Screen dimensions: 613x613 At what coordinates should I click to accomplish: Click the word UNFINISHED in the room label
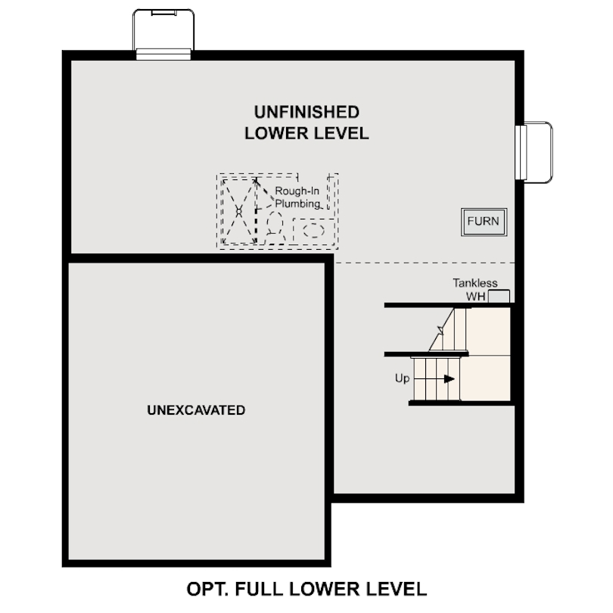pyautogui.click(x=306, y=112)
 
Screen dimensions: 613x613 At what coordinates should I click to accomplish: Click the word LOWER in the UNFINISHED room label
pyautogui.click(x=272, y=133)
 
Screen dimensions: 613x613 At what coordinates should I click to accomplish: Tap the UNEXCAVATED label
pyautogui.click(x=196, y=410)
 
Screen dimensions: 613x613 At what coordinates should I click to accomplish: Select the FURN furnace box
pyautogui.click(x=483, y=222)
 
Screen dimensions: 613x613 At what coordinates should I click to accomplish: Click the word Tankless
pyautogui.click(x=475, y=283)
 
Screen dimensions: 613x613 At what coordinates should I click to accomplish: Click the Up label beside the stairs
pyautogui.click(x=401, y=378)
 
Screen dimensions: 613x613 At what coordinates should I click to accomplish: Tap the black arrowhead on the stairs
pyautogui.click(x=450, y=378)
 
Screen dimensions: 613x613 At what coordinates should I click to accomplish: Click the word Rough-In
pyautogui.click(x=296, y=191)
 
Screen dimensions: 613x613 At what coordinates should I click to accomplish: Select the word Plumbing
pyautogui.click(x=297, y=204)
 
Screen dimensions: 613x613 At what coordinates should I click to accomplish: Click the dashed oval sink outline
pyautogui.click(x=313, y=231)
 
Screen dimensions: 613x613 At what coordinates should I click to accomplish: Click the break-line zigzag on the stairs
pyautogui.click(x=440, y=327)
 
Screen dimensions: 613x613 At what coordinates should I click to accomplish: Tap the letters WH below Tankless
pyautogui.click(x=475, y=296)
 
